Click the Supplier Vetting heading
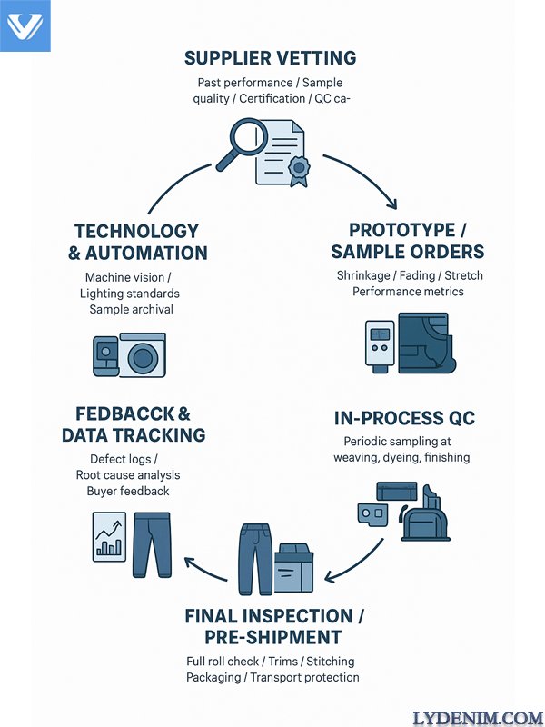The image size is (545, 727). [x=271, y=59]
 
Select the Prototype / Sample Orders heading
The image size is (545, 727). [x=407, y=241]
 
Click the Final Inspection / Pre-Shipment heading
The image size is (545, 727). [x=273, y=626]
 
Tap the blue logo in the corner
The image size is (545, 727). [x=25, y=25]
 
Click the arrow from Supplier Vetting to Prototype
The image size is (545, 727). [x=367, y=178]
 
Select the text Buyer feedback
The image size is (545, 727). [x=128, y=491]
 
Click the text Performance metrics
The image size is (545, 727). [x=408, y=292]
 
